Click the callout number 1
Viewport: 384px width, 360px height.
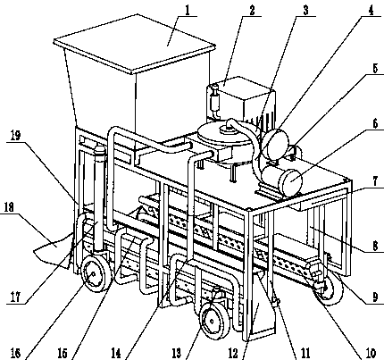[x=188, y=11]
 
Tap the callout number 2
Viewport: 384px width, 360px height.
[x=252, y=11]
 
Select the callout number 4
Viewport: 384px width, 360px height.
[x=371, y=11]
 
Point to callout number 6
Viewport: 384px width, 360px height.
[x=375, y=123]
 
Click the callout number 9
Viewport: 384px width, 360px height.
[x=375, y=297]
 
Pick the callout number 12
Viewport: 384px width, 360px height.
[x=233, y=353]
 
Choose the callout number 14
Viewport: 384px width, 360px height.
[x=116, y=353]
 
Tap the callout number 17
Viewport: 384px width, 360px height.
[x=15, y=297]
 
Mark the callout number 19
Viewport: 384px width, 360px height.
[x=15, y=136]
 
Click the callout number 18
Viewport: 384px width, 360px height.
[x=9, y=207]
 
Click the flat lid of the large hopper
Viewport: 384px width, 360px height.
[x=135, y=43]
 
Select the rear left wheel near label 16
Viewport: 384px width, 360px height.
[x=93, y=274]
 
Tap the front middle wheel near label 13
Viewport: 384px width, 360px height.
[x=212, y=322]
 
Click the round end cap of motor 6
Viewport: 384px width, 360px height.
[x=292, y=181]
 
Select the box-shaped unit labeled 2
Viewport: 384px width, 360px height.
[x=241, y=100]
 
